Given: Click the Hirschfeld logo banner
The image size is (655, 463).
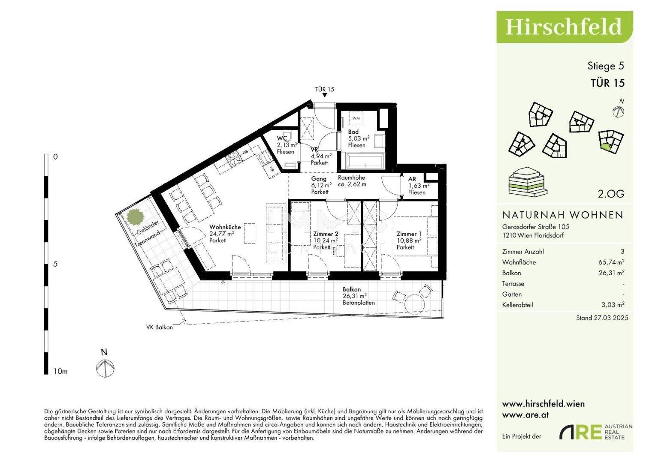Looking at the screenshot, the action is click(564, 27).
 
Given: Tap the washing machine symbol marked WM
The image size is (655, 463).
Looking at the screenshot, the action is click(356, 118).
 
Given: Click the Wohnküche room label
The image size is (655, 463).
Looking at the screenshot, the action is click(225, 227).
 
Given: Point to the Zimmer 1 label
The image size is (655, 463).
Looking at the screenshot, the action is click(409, 234).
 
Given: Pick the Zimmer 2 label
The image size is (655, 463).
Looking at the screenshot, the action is click(326, 234).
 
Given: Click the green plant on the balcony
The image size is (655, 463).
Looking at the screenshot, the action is click(136, 217).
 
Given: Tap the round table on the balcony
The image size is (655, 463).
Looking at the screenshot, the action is click(414, 304).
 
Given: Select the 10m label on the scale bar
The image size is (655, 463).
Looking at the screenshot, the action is click(60, 372).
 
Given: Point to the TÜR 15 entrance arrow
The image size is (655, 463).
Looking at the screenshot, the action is click(325, 95).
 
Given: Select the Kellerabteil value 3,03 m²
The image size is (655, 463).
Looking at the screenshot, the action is click(613, 304).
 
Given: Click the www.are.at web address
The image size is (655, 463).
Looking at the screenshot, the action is click(525, 415).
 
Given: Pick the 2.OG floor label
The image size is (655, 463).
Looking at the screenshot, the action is click(611, 194).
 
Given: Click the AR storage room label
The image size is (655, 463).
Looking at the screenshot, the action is click(412, 179).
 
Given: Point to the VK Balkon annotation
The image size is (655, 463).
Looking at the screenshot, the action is click(160, 328).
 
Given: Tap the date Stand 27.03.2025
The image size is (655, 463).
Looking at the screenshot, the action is click(602, 318).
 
